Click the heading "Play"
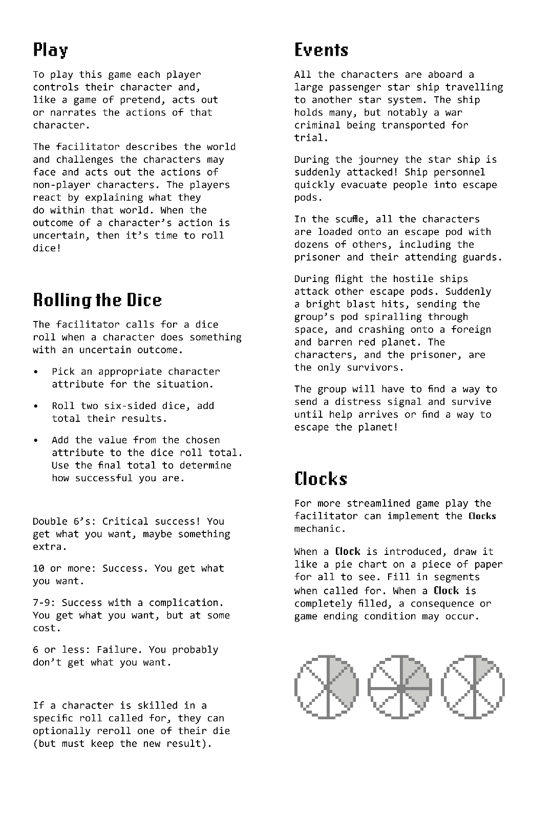point(50,50)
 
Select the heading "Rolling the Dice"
point(97,300)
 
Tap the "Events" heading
point(321,50)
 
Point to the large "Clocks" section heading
point(321,479)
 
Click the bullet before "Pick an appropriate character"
point(36,372)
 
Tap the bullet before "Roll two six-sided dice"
point(36,406)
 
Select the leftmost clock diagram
point(326,687)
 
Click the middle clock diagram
point(399,687)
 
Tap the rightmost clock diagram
point(473,687)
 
